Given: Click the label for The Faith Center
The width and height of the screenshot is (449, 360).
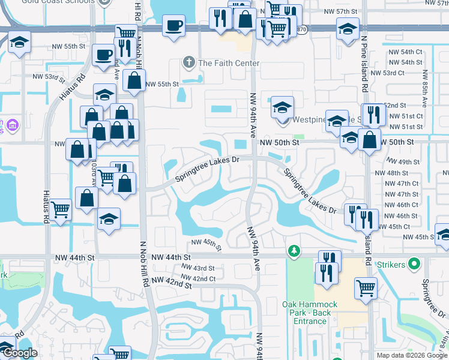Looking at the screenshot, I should (229, 63).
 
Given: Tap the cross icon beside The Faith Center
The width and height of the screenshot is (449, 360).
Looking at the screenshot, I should (189, 62).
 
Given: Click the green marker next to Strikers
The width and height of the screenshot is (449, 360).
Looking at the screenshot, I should (414, 263).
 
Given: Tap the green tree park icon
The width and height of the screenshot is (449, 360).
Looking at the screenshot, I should (294, 250).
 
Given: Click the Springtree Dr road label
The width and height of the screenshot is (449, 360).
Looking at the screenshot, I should (433, 299).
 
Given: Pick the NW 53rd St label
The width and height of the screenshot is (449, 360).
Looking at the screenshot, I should (49, 77).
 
